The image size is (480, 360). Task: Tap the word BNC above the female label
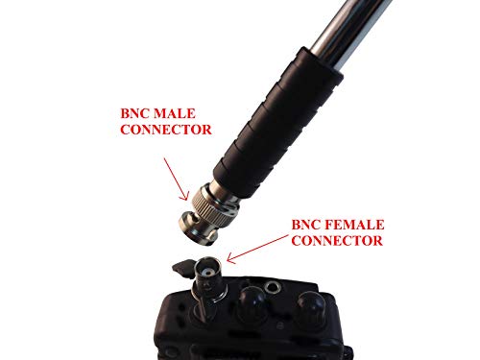[308, 224]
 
